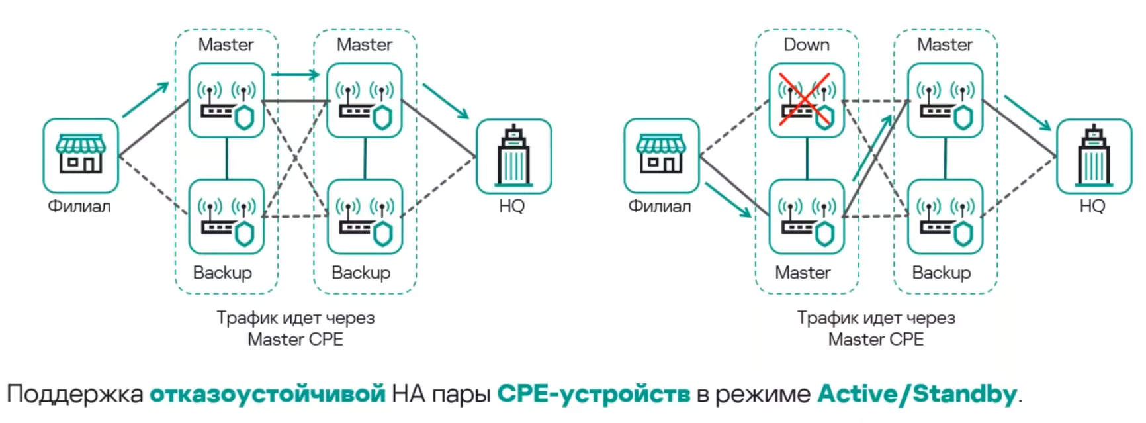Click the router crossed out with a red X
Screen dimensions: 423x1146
click(x=806, y=101)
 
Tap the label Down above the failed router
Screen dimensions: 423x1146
click(x=807, y=45)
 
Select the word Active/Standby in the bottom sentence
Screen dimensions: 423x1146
click(x=917, y=395)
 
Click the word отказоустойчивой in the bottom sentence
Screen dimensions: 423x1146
click(x=267, y=395)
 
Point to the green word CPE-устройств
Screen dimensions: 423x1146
click(x=593, y=395)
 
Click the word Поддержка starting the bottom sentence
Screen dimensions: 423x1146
click(x=75, y=395)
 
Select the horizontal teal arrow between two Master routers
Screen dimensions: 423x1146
click(x=295, y=74)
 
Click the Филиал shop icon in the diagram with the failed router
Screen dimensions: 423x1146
click(x=661, y=156)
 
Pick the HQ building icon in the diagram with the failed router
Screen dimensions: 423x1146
click(x=1094, y=156)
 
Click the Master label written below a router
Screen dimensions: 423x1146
click(x=803, y=273)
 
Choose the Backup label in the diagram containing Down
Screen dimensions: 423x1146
click(x=941, y=273)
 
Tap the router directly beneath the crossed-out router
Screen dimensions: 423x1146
click(x=806, y=216)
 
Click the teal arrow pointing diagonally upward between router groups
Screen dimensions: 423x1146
click(x=872, y=148)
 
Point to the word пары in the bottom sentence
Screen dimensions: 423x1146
click(x=461, y=395)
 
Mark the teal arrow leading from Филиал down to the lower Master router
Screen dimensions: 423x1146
click(x=728, y=199)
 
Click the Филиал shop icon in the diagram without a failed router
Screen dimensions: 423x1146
click(x=81, y=156)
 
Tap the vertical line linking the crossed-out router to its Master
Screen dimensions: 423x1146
click(x=807, y=158)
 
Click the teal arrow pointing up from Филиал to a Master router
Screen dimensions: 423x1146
click(x=146, y=99)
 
